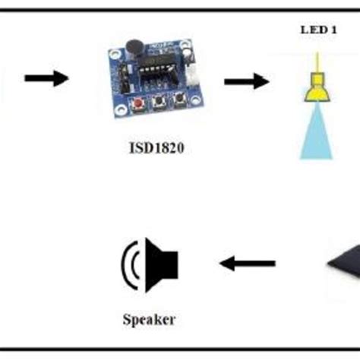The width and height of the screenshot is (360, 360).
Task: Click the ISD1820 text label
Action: [x=155, y=149]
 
